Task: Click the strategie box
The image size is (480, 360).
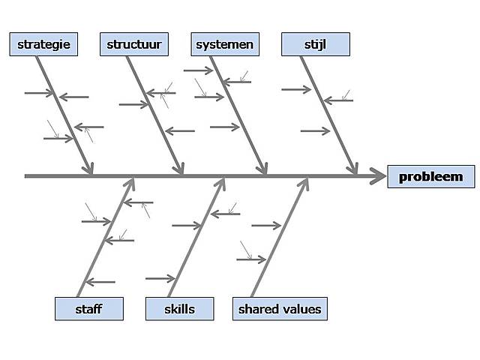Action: pos(43,45)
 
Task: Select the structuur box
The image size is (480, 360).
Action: pos(134,45)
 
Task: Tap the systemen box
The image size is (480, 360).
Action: pos(225,45)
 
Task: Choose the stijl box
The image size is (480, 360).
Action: pos(315,45)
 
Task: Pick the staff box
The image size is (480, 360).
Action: pos(88,309)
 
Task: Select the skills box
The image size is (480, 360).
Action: pos(179,309)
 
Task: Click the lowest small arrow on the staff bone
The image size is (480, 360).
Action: pos(100,282)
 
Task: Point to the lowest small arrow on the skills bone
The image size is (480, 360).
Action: pos(160,278)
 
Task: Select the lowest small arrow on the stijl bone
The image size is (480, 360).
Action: pos(315,131)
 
